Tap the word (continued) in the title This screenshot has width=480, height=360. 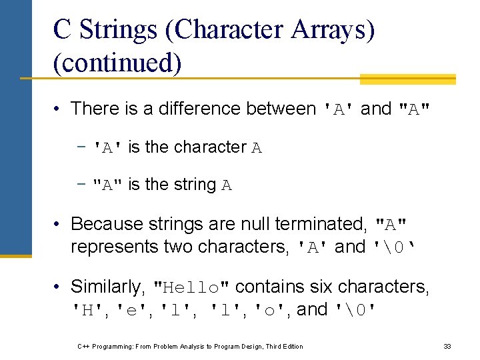coord(117,63)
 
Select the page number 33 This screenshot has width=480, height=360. coord(447,346)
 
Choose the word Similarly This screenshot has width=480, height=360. coord(108,287)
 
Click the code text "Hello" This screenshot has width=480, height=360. coord(192,287)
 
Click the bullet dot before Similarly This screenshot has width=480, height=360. coord(59,287)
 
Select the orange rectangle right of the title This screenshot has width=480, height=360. coord(407,79)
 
